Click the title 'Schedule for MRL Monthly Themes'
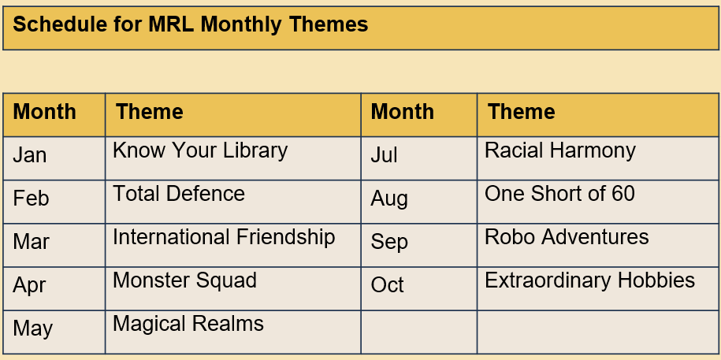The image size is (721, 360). pos(191,24)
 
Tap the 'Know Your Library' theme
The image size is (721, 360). pos(200,150)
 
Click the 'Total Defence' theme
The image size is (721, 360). pos(179,194)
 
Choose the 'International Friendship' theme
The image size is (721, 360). pos(224,237)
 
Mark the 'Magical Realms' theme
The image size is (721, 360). pos(188,324)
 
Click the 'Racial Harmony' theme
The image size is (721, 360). pos(560,150)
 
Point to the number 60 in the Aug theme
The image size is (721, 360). pos(623,194)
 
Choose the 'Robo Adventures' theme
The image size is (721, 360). pos(567,237)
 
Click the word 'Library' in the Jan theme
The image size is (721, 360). pos(255,150)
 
